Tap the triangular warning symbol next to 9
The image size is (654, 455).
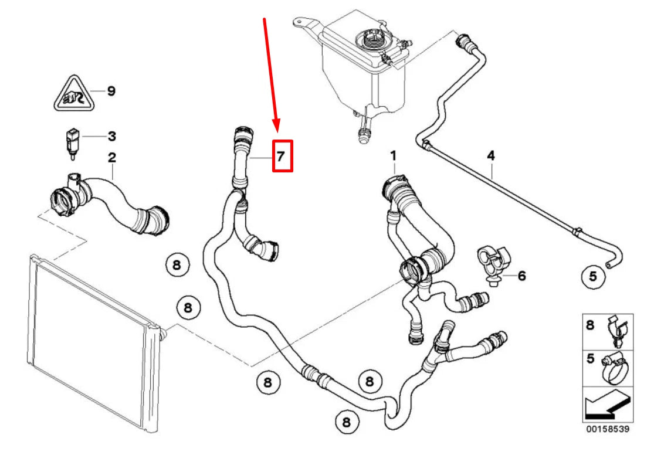(71, 94)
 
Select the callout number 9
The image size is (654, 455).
(111, 91)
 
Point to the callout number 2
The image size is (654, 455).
(111, 158)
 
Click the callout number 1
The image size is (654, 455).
(394, 156)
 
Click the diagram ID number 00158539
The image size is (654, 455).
(607, 429)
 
